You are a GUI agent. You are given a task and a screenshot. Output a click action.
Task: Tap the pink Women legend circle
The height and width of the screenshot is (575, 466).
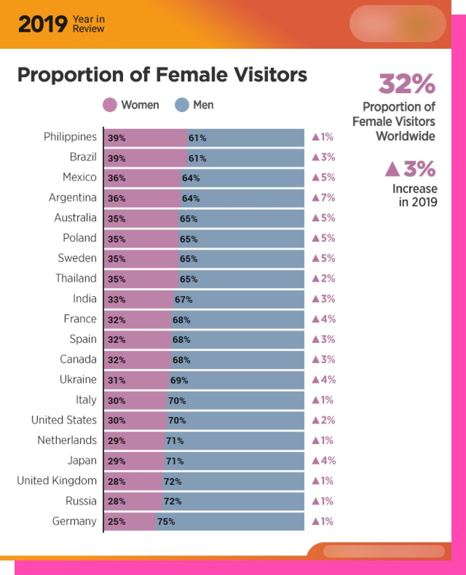point(110,105)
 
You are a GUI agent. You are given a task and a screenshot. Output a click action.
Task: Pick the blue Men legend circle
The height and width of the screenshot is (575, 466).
point(182,105)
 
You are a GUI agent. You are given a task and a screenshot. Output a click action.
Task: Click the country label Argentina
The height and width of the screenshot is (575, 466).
point(72,198)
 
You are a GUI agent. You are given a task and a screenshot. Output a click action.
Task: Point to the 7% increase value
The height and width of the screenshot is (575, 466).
point(324,198)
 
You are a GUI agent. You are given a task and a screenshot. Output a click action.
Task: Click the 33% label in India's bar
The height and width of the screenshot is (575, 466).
point(116,300)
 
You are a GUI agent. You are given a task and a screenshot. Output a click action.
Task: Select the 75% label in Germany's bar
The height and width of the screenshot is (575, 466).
point(166,522)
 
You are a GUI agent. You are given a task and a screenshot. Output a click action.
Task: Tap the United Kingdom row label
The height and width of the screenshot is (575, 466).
point(57,481)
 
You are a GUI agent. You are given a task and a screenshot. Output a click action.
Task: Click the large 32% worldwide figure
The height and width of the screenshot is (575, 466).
point(406,84)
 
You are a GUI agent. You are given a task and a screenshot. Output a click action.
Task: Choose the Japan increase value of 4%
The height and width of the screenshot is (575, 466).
point(324,461)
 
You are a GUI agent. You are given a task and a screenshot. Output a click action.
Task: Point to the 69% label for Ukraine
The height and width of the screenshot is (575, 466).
point(179,381)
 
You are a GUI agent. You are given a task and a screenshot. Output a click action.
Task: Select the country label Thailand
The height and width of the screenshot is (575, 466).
point(76,279)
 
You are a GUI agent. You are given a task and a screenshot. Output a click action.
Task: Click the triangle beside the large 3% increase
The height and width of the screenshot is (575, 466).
point(392,169)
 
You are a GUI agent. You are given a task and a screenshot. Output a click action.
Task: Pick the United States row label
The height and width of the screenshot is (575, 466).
point(64,420)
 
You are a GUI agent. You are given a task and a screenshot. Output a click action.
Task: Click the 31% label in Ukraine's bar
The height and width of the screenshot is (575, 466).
point(116,381)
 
